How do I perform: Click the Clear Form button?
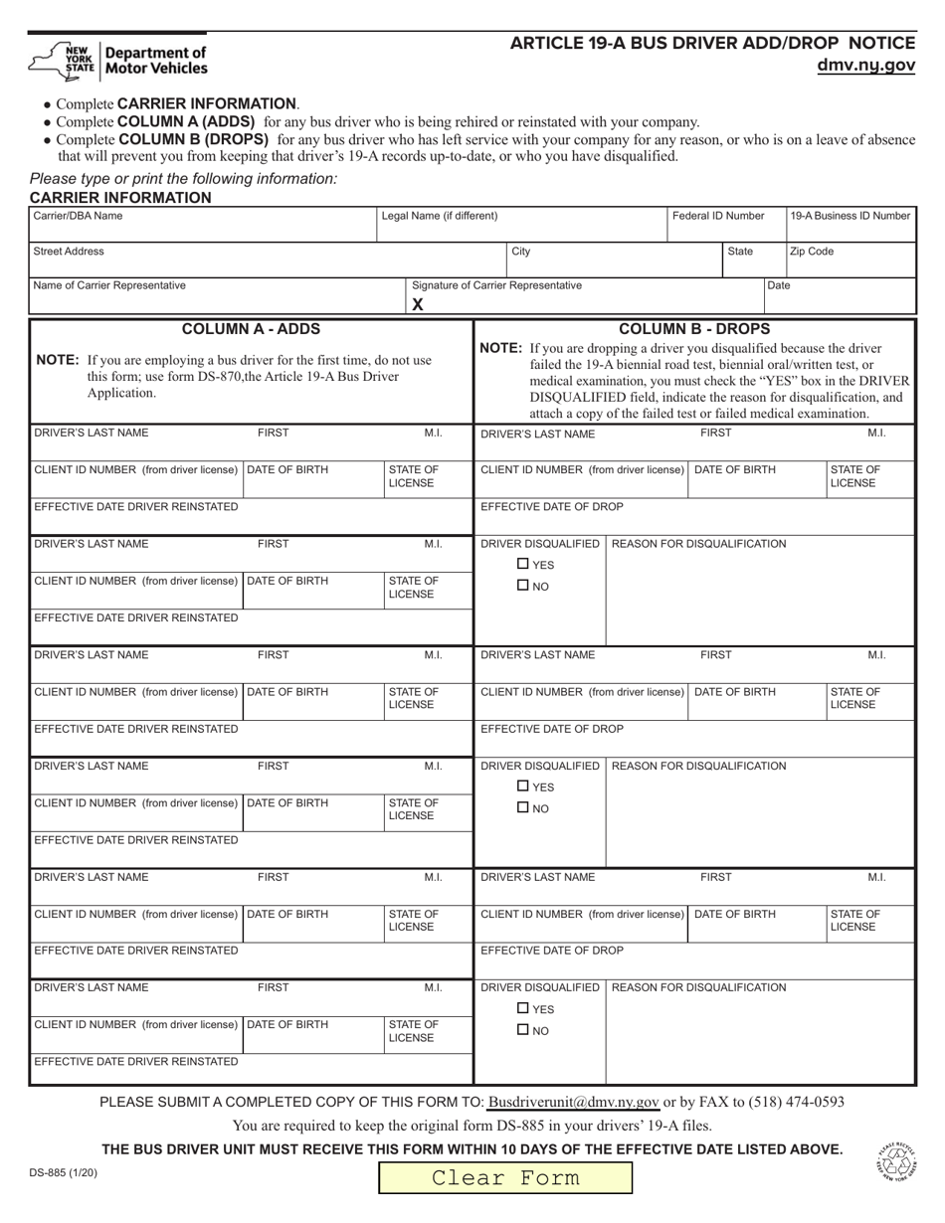504,1178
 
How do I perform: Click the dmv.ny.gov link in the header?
865,66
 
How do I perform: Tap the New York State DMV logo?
119,61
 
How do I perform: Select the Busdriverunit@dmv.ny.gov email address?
574,1102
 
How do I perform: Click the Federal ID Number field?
726,225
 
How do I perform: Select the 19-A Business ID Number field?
850,225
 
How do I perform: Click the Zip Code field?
850,261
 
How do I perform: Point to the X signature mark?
418,305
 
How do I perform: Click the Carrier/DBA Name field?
203,225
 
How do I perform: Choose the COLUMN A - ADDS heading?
251,329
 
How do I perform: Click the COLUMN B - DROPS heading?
694,329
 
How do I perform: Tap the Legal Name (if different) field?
521,225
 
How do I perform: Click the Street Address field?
267,261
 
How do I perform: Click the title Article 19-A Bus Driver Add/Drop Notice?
712,44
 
